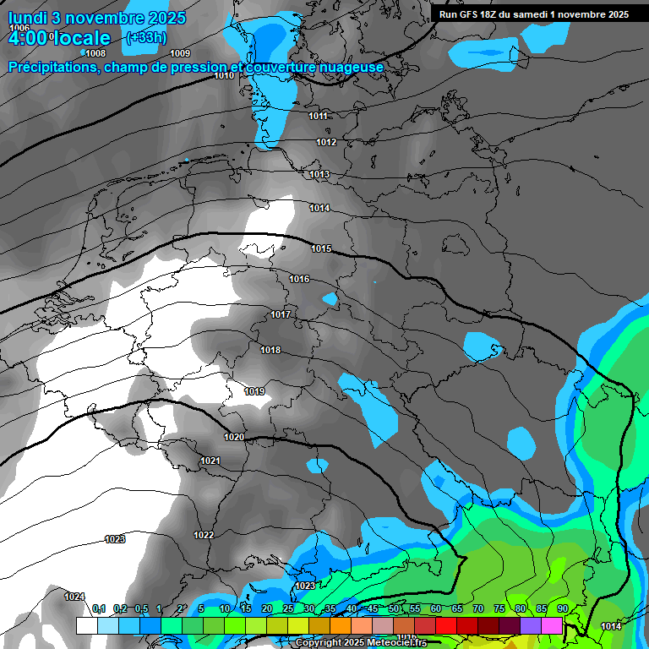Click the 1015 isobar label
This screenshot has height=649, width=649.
pyautogui.click(x=321, y=248)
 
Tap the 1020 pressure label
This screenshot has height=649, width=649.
pyautogui.click(x=234, y=437)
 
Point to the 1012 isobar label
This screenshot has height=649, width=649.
pyautogui.click(x=327, y=142)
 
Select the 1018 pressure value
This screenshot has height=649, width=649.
pyautogui.click(x=270, y=350)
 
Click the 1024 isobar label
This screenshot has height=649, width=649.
pyautogui.click(x=74, y=597)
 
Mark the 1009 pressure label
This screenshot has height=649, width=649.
pyautogui.click(x=180, y=53)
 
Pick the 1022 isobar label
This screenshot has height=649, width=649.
pyautogui.click(x=204, y=535)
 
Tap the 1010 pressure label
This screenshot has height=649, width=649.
pyautogui.click(x=224, y=76)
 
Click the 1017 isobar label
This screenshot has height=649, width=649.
pyautogui.click(x=281, y=314)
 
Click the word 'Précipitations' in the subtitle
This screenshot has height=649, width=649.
pyautogui.click(x=53, y=68)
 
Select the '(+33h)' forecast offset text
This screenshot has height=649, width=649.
pyautogui.click(x=145, y=37)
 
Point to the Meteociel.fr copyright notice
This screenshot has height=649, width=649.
pyautogui.click(x=361, y=643)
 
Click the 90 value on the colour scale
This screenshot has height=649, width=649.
pyautogui.click(x=563, y=608)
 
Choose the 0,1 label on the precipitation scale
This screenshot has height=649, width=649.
pyautogui.click(x=98, y=608)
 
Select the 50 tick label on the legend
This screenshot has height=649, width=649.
pyautogui.click(x=394, y=608)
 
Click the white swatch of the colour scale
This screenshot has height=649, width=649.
pyautogui.click(x=86, y=625)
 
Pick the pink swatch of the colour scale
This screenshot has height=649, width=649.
pyautogui.click(x=553, y=625)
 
